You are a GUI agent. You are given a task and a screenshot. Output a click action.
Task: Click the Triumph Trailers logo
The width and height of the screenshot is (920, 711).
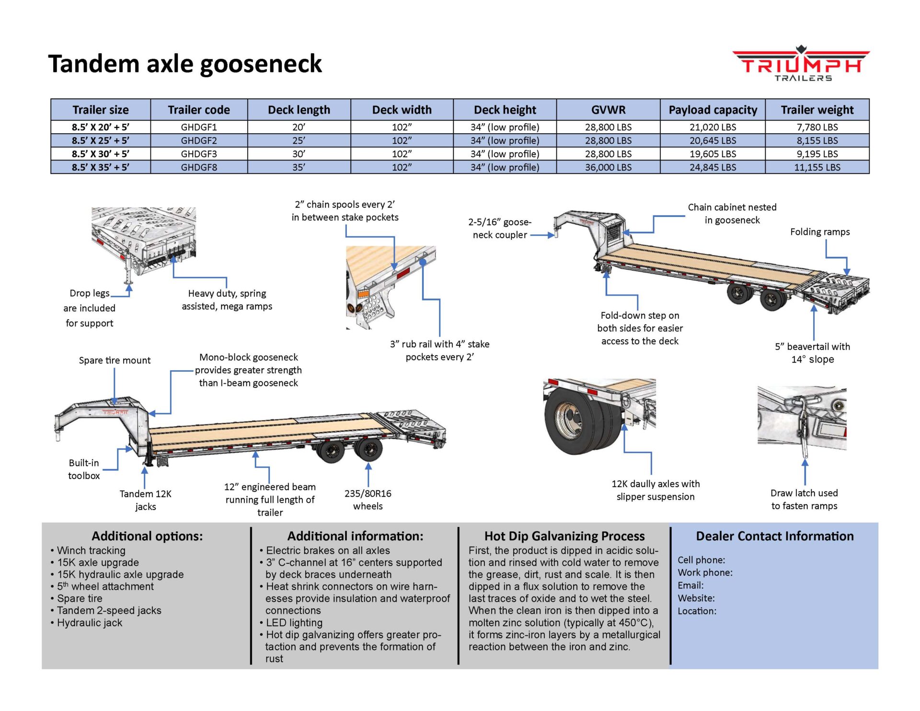801,64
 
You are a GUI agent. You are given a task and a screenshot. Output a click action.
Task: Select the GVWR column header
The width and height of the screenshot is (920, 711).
608,110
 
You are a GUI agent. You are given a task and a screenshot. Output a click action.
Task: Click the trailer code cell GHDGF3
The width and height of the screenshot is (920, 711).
199,154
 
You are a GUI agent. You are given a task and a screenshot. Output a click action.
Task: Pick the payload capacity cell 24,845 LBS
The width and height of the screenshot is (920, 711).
713,167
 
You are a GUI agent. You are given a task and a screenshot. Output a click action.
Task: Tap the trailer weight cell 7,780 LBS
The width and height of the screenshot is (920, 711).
817,127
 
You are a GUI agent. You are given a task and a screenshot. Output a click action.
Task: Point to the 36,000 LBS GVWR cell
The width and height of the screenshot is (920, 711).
608,167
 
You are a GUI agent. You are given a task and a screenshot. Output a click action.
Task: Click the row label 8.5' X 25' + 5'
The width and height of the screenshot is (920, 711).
101,140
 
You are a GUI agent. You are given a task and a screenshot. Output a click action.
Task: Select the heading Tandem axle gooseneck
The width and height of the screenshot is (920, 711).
185,64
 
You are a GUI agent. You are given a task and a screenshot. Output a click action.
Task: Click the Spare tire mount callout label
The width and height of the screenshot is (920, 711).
115,360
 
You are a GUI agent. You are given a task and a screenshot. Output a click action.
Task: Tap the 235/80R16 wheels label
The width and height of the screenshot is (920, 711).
368,499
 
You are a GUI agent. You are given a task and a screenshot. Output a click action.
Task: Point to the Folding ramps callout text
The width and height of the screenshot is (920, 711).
820,232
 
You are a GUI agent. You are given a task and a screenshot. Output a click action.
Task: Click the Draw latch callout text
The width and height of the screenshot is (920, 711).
804,499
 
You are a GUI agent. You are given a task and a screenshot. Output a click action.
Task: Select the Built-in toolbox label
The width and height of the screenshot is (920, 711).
84,469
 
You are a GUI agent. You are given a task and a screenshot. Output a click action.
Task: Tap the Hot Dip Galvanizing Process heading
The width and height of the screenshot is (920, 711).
564,536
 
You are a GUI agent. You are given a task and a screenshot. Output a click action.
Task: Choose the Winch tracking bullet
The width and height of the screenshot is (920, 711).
91,550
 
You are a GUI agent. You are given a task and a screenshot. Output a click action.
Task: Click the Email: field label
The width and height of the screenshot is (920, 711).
690,585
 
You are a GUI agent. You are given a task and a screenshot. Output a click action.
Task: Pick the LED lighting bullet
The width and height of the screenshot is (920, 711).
294,622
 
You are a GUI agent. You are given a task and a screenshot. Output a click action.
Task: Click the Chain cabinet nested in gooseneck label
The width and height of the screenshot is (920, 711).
732,214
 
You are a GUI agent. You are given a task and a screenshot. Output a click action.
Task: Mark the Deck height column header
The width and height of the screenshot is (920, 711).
505,110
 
